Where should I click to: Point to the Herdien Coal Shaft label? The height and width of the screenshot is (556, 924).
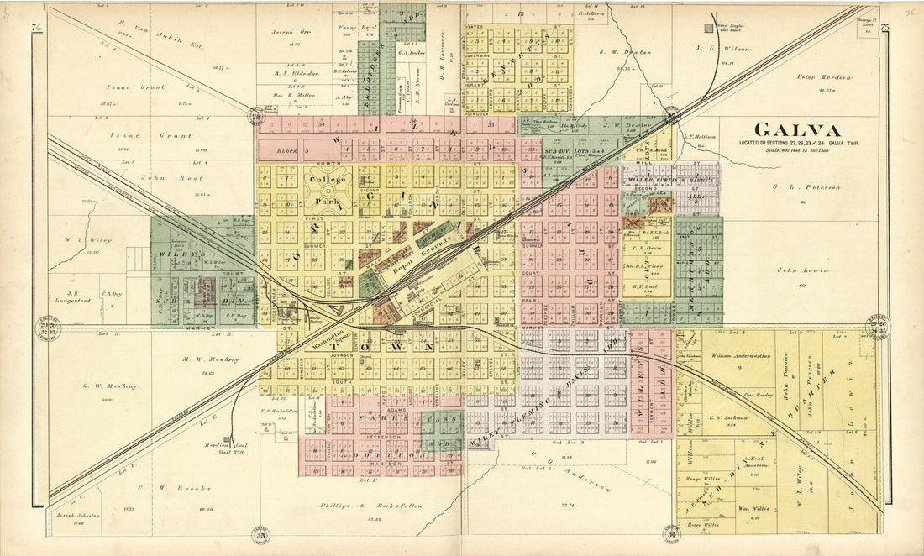[x=221, y=448]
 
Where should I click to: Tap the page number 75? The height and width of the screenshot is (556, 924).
[x=885, y=28]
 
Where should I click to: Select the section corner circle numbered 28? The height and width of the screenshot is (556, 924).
[x=255, y=117]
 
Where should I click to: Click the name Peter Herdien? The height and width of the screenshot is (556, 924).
[x=823, y=77]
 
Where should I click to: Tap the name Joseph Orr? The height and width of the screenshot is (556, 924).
[x=288, y=32]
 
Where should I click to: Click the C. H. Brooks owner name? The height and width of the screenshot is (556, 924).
[x=161, y=486]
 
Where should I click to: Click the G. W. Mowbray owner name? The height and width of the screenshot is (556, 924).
[x=109, y=386]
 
